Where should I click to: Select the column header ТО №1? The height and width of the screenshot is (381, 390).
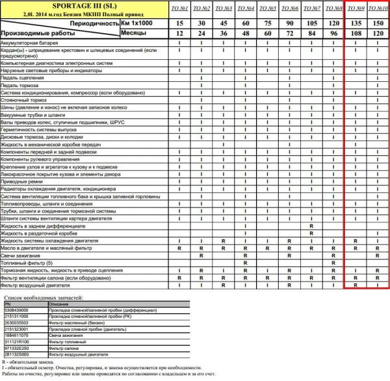click(180, 9)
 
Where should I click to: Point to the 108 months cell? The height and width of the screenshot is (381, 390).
click(355, 33)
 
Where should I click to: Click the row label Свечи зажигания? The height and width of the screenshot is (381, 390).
click(21, 255)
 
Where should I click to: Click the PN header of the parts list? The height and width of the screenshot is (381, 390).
click(8, 304)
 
